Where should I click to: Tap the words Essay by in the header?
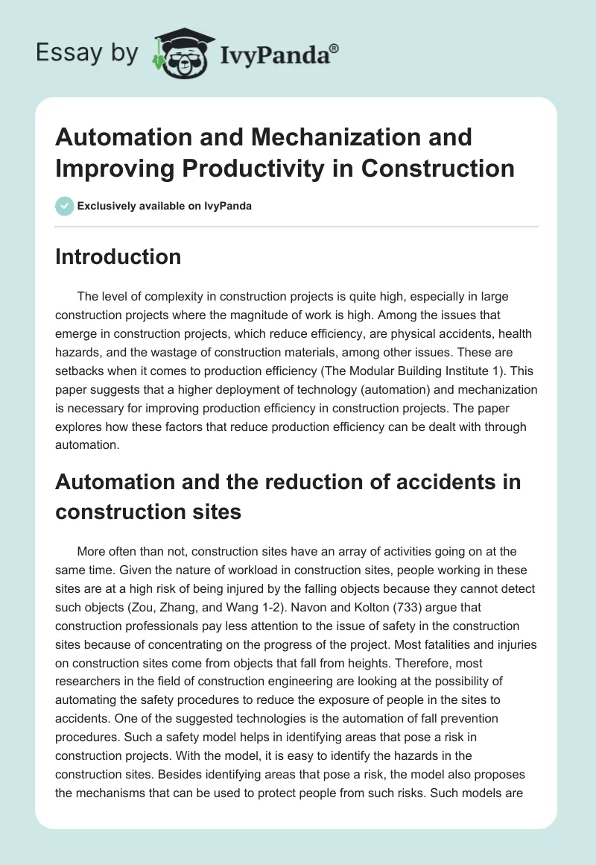tap(86, 53)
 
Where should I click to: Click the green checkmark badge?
tap(65, 206)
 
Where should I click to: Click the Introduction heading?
tap(118, 257)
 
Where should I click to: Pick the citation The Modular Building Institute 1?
tap(427, 368)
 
